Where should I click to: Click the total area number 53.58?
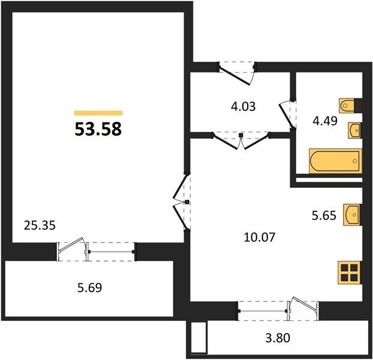pyautogui.click(x=98, y=129)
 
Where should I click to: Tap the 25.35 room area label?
pyautogui.click(x=40, y=226)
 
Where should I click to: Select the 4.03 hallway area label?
pyautogui.click(x=243, y=106)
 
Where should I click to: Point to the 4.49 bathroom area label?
pyautogui.click(x=325, y=121)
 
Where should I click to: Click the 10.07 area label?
pyautogui.click(x=260, y=237)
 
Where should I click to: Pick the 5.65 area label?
pyautogui.click(x=324, y=215)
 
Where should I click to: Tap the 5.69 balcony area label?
pyautogui.click(x=90, y=287)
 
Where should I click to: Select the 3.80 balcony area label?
pyautogui.click(x=278, y=338)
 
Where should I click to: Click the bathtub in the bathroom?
pyautogui.click(x=335, y=161)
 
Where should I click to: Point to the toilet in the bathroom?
pyautogui.click(x=347, y=105)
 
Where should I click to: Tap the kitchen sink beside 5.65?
pyautogui.click(x=352, y=215)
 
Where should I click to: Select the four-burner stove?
pyautogui.click(x=349, y=272)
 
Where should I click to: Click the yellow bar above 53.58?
pyautogui.click(x=98, y=113)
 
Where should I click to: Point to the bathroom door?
pyautogui.click(x=287, y=115)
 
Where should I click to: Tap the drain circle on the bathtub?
pyautogui.click(x=355, y=161)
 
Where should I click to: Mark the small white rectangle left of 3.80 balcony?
pyautogui.click(x=198, y=337)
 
